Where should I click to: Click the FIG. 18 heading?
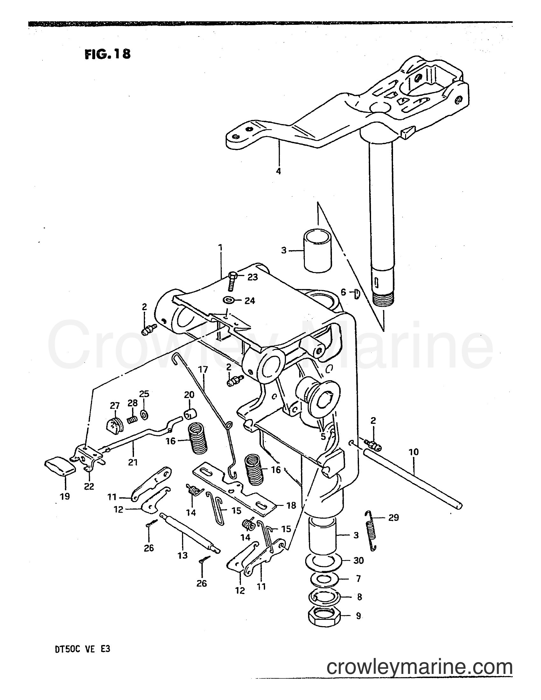point(107,54)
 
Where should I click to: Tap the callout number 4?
point(278,171)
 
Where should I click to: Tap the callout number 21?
point(133,462)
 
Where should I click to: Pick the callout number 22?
point(89,486)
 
